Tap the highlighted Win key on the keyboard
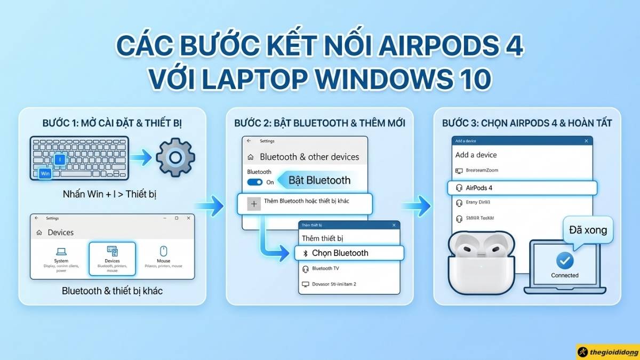point(45,173)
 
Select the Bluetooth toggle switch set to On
point(255,182)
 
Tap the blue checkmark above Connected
point(565,261)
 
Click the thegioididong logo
point(607,352)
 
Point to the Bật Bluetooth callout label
point(319,180)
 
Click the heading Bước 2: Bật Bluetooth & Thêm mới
point(319,123)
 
